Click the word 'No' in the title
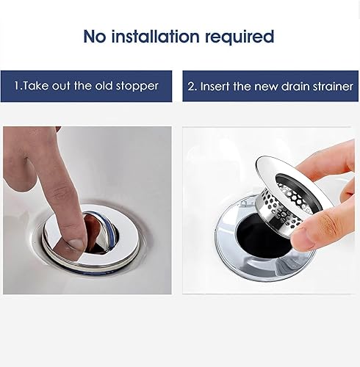pyautogui.click(x=95, y=36)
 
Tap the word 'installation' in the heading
pyautogui.click(x=156, y=36)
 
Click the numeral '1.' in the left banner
pyautogui.click(x=18, y=86)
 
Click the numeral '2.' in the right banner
pyautogui.click(x=193, y=86)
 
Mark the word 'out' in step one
pyautogui.click(x=62, y=86)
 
